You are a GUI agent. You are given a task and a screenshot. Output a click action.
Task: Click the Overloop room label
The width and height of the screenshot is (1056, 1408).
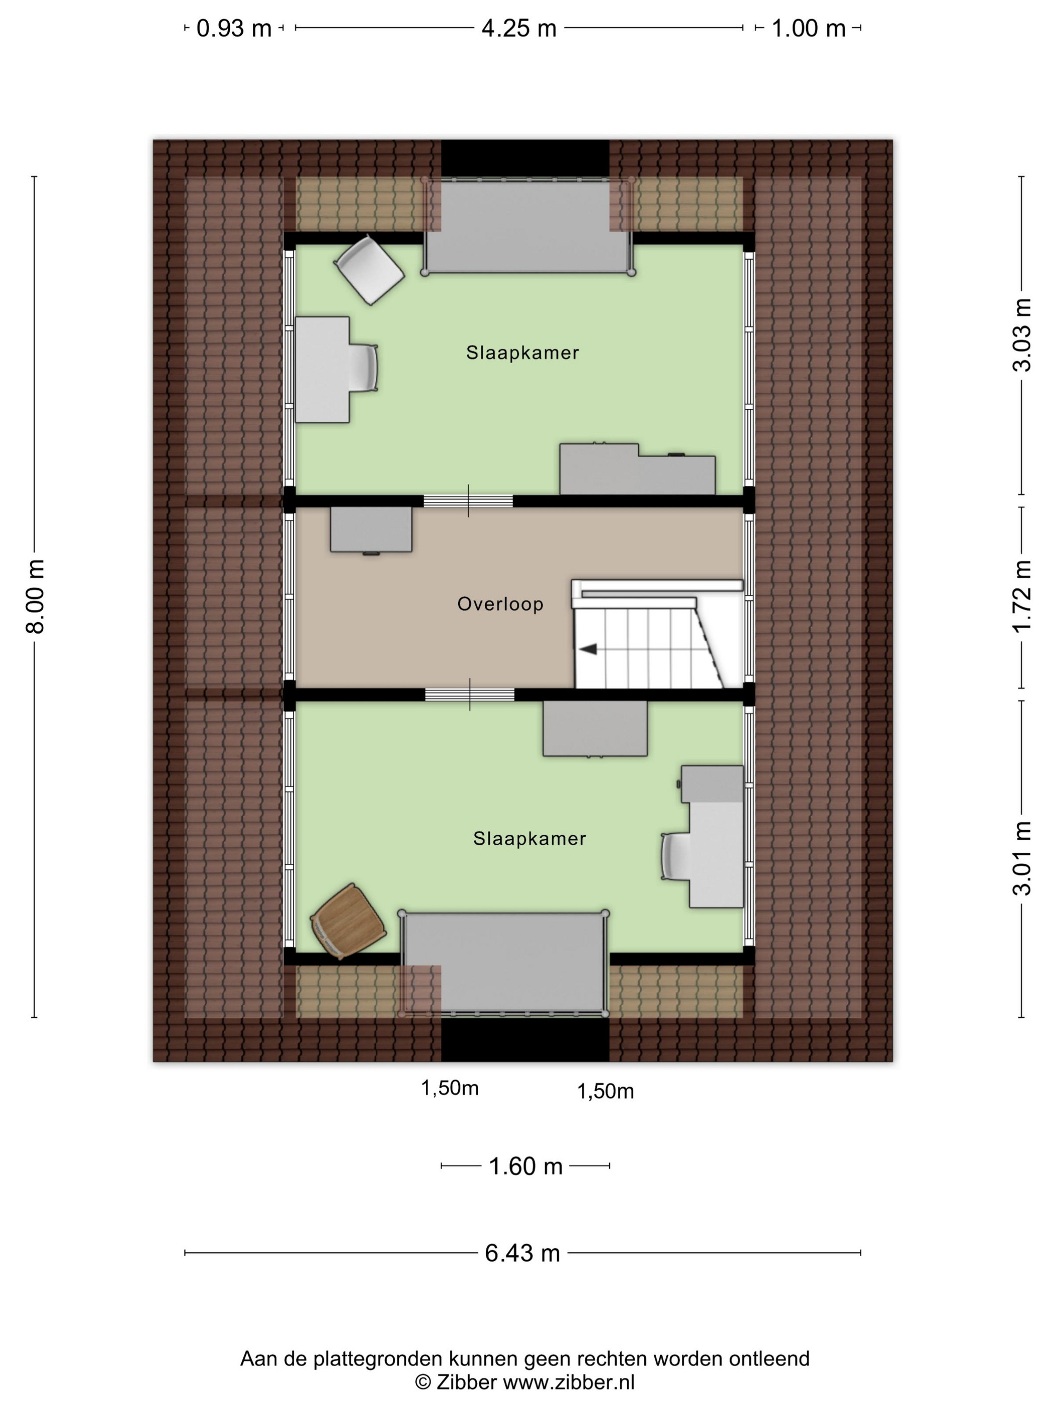(x=500, y=604)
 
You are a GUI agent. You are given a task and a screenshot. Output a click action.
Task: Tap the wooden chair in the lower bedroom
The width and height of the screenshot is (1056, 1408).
(x=347, y=920)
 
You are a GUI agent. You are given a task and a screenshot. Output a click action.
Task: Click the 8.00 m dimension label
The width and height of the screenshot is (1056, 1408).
(x=35, y=596)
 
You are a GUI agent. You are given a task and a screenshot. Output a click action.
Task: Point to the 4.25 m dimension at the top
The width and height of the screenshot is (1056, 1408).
(x=519, y=28)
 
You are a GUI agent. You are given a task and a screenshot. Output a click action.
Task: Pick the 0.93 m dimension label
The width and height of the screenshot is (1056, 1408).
(x=234, y=29)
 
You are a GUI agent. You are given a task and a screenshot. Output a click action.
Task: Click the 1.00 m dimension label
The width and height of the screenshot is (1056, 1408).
(x=809, y=29)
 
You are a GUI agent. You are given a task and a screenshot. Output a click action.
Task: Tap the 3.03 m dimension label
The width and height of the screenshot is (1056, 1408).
(x=1022, y=335)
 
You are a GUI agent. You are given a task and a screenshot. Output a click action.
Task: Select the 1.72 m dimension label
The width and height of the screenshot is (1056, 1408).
(x=1022, y=596)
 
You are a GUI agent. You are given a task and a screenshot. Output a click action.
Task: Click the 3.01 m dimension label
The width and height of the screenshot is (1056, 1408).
(x=1022, y=858)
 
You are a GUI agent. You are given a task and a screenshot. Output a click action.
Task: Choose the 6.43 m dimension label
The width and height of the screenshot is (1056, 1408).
(x=522, y=1253)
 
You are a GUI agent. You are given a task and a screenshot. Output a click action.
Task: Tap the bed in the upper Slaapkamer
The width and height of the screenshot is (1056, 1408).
(x=529, y=226)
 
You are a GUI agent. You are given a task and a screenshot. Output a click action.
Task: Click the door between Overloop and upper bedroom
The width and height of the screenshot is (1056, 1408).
(x=469, y=501)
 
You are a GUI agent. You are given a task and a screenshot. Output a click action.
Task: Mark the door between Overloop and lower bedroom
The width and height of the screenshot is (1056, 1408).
(x=470, y=694)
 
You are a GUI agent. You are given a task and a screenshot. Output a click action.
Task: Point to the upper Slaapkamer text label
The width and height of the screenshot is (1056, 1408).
(x=522, y=353)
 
